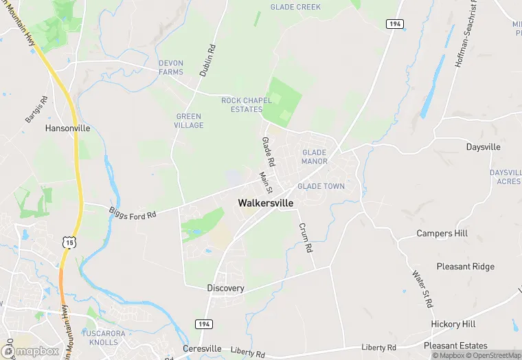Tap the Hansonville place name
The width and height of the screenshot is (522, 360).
(x=67, y=128)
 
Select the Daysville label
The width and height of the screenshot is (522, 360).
(x=483, y=147)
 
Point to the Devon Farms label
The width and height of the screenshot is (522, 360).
(x=171, y=67)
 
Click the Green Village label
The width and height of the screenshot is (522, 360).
(x=189, y=121)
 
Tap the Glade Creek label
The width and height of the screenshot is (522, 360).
(x=296, y=7)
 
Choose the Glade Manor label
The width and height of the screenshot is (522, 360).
(x=314, y=157)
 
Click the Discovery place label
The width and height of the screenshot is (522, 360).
(x=225, y=289)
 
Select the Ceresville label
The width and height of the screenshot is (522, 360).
(x=202, y=348)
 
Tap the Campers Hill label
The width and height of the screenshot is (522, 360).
(x=442, y=234)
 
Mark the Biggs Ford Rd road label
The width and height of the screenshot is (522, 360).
(x=133, y=211)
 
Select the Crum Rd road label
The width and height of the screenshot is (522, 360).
(x=305, y=237)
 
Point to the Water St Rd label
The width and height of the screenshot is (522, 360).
(x=422, y=289)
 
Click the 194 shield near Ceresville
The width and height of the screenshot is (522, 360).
(x=205, y=324)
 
